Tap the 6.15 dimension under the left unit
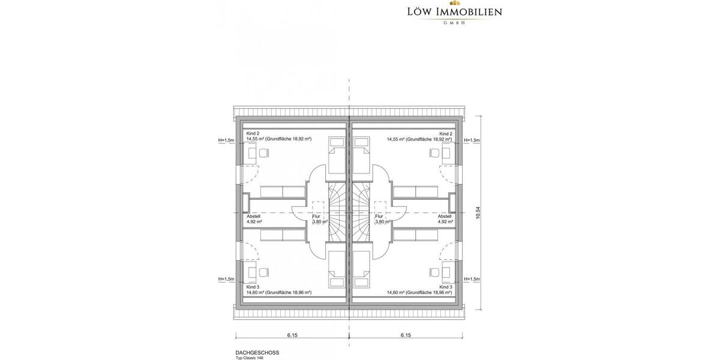click(x=292, y=335)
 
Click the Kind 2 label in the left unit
click(x=253, y=133)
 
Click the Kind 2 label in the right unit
click(x=445, y=133)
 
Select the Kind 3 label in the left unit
click(x=253, y=287)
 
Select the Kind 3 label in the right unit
click(x=445, y=287)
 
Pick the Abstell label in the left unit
click(x=254, y=216)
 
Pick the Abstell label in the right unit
click(x=445, y=216)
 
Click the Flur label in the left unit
click(x=317, y=216)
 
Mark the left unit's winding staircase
click(x=337, y=213)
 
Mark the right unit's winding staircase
click(x=362, y=213)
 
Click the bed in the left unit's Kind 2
click(x=337, y=154)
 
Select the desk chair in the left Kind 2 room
click(x=262, y=153)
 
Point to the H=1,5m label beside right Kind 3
click(x=472, y=279)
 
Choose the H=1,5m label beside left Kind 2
click(x=227, y=140)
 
